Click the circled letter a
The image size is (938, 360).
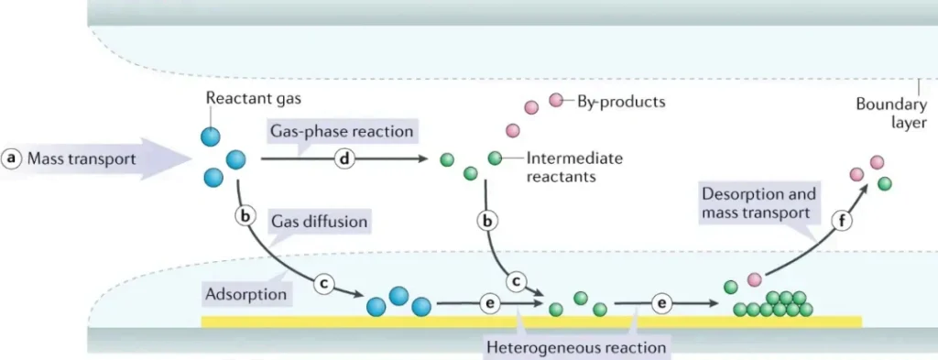tap(12, 158)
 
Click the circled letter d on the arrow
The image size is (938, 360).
tap(345, 158)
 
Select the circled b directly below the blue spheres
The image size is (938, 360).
tap(245, 217)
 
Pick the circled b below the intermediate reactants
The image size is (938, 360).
tap(489, 220)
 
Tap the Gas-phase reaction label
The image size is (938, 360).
tap(341, 132)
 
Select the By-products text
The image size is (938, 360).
tap(621, 101)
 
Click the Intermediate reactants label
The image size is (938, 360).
tap(574, 167)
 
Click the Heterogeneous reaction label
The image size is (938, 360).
tap(576, 346)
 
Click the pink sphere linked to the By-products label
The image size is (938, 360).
tap(555, 100)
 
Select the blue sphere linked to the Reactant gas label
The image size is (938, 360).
tap(211, 136)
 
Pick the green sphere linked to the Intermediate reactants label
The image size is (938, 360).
tap(495, 158)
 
